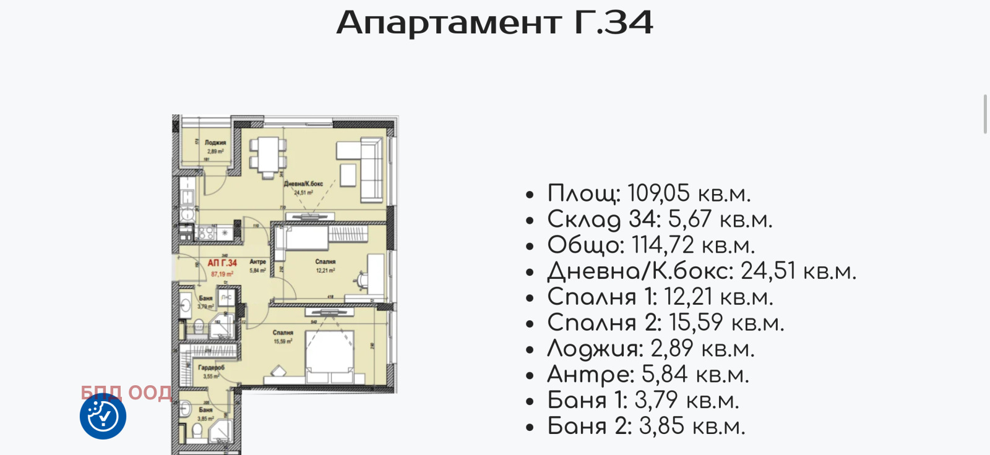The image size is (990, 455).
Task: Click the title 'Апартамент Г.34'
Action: (x=494, y=23)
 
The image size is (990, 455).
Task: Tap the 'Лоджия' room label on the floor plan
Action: (x=215, y=143)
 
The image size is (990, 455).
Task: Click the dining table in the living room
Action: (x=268, y=155)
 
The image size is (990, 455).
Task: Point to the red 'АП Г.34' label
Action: (x=222, y=263)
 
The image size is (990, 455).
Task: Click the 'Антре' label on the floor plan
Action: (x=257, y=262)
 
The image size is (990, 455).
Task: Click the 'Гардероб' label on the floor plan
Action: (x=211, y=367)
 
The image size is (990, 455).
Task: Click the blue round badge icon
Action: (x=103, y=416)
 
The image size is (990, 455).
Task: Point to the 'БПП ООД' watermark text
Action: (x=126, y=393)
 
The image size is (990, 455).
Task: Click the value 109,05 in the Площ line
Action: (x=658, y=193)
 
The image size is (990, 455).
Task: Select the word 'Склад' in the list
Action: (x=584, y=219)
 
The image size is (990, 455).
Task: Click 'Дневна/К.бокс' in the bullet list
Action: (x=640, y=271)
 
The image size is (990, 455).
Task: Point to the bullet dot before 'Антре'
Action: (x=530, y=376)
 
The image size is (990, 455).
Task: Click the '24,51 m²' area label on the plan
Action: (x=303, y=192)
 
